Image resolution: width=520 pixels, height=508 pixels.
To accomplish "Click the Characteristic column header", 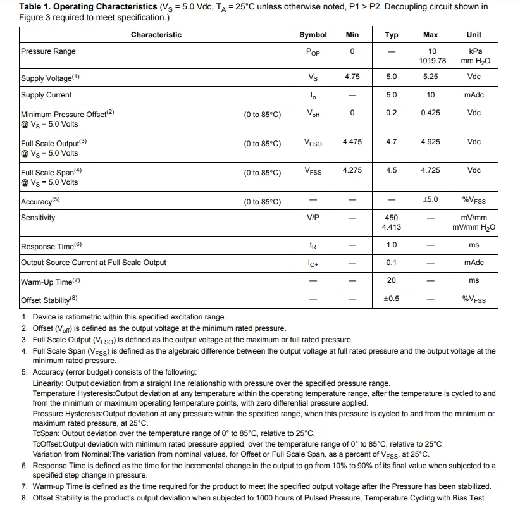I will pyautogui.click(x=156, y=35).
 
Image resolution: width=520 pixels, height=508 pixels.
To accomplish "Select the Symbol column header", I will pyautogui.click(x=313, y=35).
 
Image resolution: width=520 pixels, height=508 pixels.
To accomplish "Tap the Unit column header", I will pyautogui.click(x=474, y=35).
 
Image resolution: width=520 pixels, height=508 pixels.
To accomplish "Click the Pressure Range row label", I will pyautogui.click(x=48, y=51).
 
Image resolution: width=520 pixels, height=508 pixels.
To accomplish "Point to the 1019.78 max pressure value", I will pyautogui.click(x=432, y=61).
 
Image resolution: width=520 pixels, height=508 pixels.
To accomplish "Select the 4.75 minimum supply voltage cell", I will pyautogui.click(x=352, y=77).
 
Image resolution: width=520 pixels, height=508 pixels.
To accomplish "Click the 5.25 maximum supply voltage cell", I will pyautogui.click(x=430, y=77).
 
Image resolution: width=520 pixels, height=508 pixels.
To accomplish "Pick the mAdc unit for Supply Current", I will pyautogui.click(x=474, y=95).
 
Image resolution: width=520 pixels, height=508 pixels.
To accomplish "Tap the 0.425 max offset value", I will pyautogui.click(x=430, y=113).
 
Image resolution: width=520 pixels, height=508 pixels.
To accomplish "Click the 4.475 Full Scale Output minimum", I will pyautogui.click(x=352, y=142).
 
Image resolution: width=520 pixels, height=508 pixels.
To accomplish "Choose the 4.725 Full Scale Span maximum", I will pyautogui.click(x=430, y=170).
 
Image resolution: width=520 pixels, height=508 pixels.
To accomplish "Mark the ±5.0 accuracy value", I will pyautogui.click(x=430, y=200).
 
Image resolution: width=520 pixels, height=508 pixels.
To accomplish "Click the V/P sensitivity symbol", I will pyautogui.click(x=313, y=217).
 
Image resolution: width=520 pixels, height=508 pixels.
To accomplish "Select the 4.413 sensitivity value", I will pyautogui.click(x=392, y=227).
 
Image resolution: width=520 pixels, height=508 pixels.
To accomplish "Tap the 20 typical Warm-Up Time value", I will pyautogui.click(x=392, y=280).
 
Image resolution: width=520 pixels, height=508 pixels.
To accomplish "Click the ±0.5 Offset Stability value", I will pyautogui.click(x=392, y=299).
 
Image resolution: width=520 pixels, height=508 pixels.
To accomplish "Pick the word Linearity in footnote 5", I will pyautogui.click(x=47, y=383).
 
